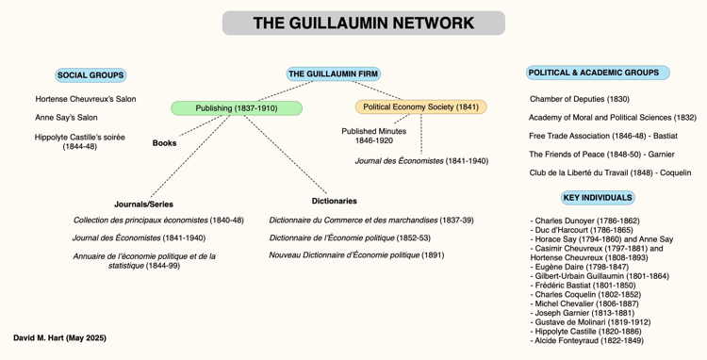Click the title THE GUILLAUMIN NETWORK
[364, 23]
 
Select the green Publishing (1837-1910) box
[237, 108]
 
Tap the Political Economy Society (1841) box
[420, 106]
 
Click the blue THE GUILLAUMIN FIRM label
[333, 74]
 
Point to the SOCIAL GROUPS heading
[90, 75]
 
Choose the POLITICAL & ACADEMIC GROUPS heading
[598, 73]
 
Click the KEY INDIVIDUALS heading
[598, 198]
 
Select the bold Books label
[164, 143]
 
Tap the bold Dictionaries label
[334, 201]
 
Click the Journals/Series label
[143, 205]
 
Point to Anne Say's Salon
[66, 118]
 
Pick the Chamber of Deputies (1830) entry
[580, 99]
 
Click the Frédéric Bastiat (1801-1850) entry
[584, 286]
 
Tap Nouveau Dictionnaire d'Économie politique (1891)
[356, 255]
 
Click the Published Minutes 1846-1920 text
[374, 136]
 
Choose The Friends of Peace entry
[601, 155]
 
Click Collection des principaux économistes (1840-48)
[158, 221]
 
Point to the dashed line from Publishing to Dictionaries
[286, 155]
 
